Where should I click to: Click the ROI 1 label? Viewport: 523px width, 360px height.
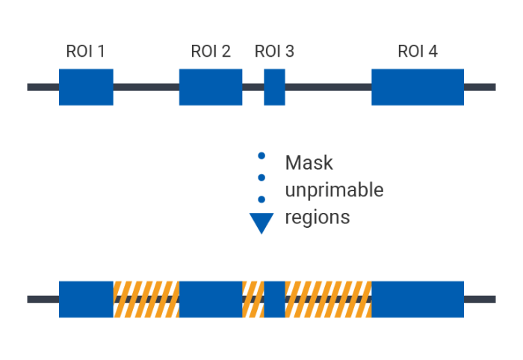click(x=85, y=52)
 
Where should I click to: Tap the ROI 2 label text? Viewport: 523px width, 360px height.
click(x=211, y=52)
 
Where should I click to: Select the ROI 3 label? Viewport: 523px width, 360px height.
click(x=274, y=52)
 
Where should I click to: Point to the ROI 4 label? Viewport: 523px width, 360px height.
click(x=418, y=52)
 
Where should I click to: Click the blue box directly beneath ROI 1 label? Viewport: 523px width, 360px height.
click(x=86, y=87)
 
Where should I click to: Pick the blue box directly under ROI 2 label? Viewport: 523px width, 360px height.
click(x=211, y=87)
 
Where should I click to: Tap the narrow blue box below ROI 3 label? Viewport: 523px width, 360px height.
click(x=275, y=87)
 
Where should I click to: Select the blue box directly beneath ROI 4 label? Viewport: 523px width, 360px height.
click(x=418, y=87)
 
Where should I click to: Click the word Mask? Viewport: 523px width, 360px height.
click(x=309, y=163)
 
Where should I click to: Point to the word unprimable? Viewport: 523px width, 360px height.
click(x=334, y=190)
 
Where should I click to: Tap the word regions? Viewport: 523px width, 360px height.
click(x=317, y=218)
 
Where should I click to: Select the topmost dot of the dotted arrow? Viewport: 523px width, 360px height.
click(x=261, y=156)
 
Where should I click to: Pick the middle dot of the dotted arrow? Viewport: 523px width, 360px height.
click(x=261, y=178)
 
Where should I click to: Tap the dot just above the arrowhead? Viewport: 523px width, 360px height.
click(x=261, y=199)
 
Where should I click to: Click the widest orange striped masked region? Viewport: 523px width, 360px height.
click(x=328, y=299)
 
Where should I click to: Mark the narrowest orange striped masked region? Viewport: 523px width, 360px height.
click(x=253, y=299)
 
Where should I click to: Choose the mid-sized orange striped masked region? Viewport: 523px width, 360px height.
click(x=146, y=299)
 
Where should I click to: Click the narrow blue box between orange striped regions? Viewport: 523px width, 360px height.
click(x=275, y=299)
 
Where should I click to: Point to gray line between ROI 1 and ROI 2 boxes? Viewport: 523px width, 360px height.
click(x=146, y=87)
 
